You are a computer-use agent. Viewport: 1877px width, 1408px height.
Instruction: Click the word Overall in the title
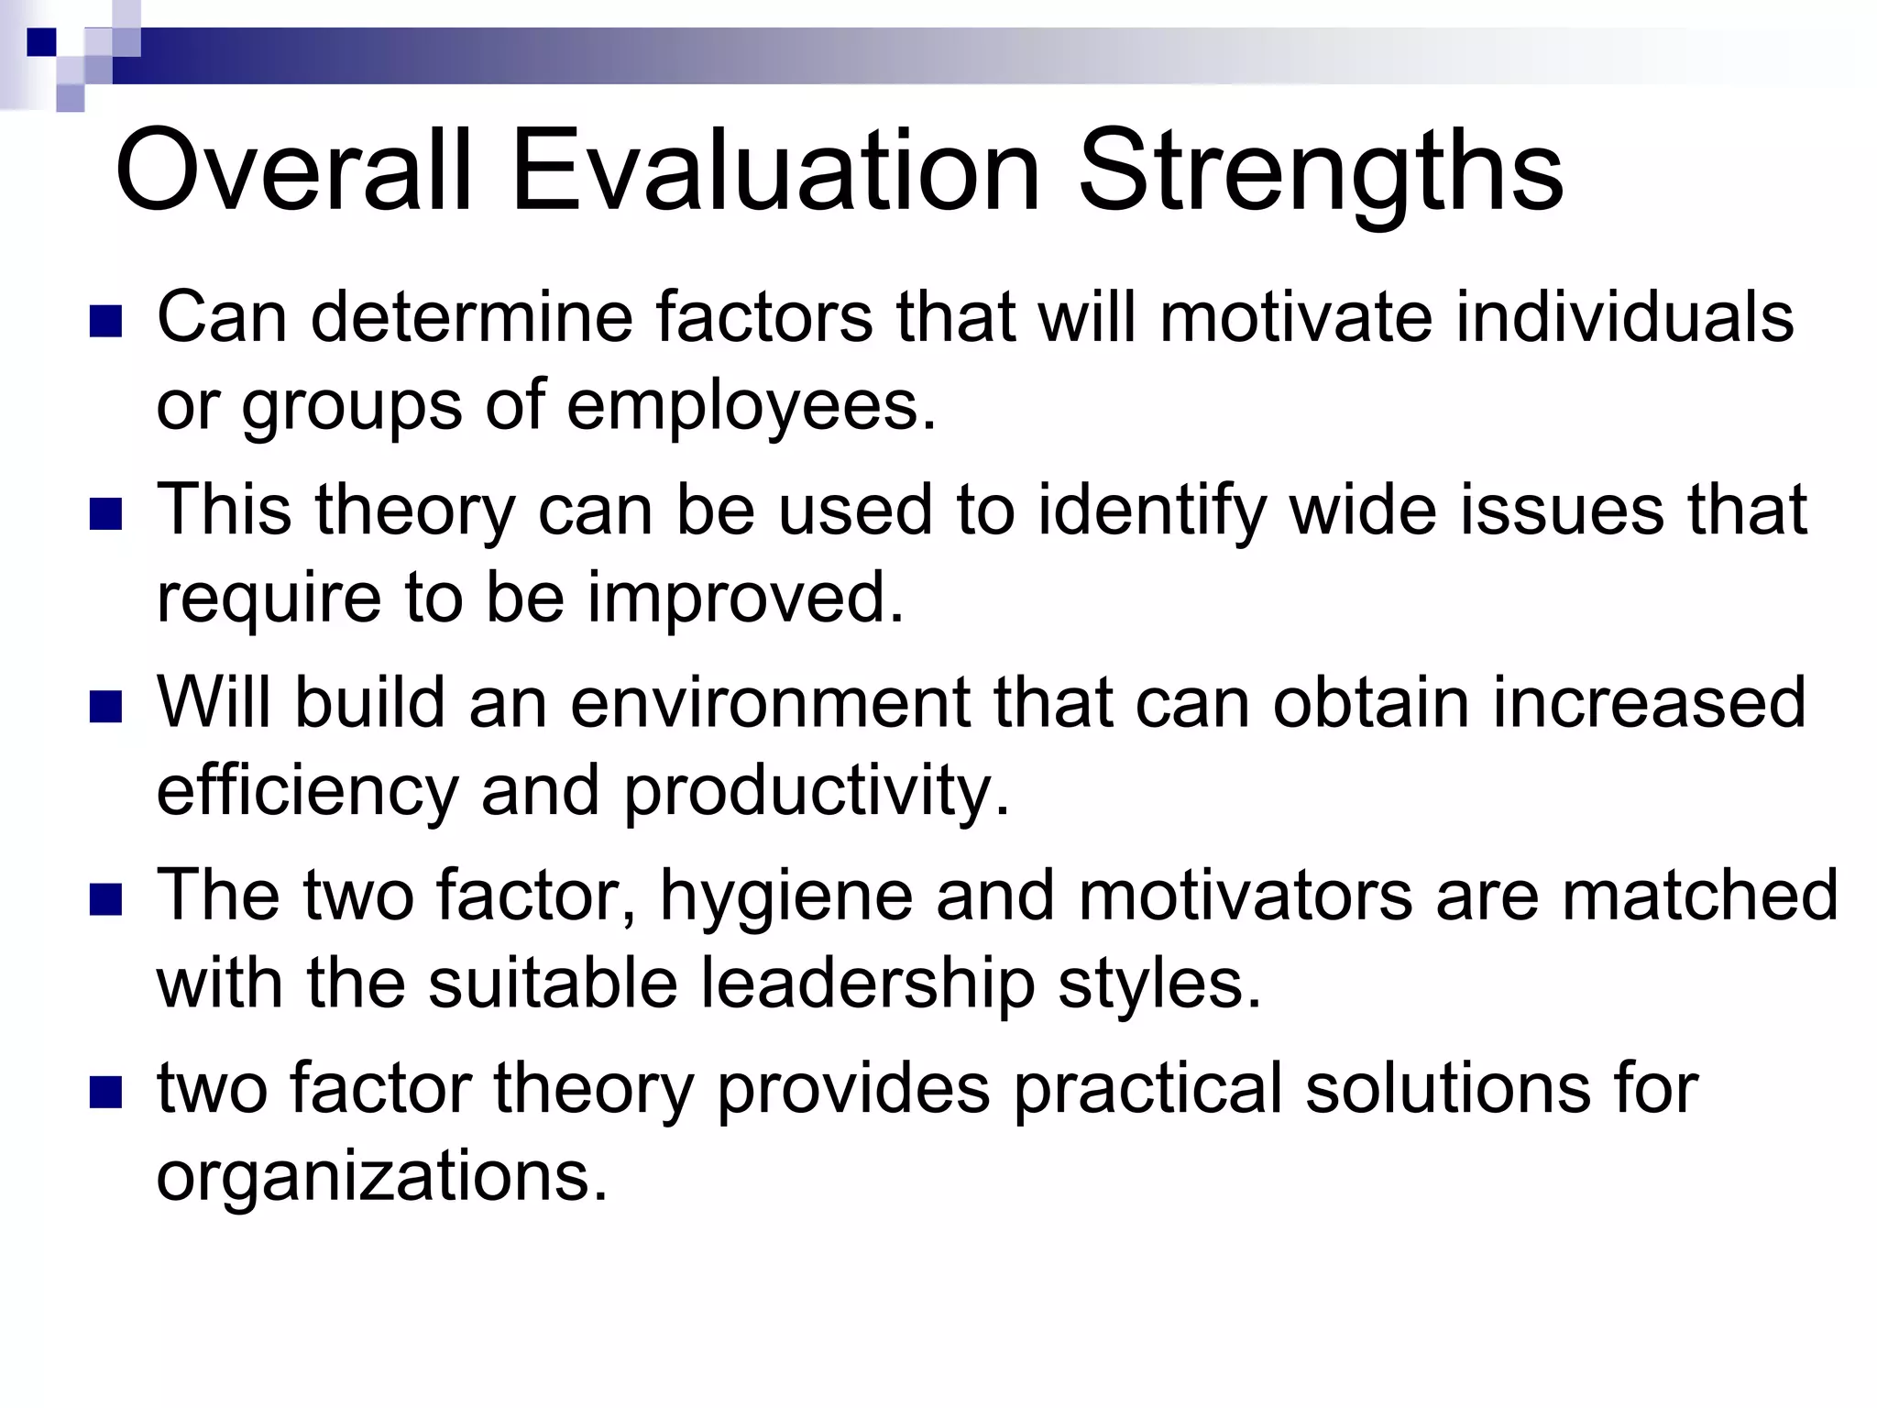pos(293,171)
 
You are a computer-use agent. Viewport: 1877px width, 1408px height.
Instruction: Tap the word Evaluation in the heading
pos(775,171)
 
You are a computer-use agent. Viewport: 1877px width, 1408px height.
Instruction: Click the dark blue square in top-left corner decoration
pos(40,41)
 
